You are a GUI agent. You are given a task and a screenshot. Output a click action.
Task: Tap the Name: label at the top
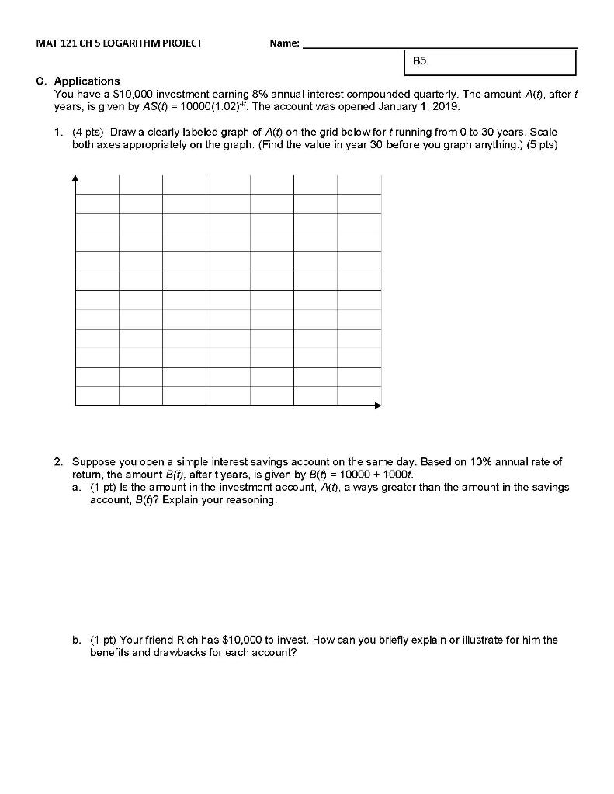(284, 43)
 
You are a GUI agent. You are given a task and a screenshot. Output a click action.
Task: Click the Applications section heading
(86, 81)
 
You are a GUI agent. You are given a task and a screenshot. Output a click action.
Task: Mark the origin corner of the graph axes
(75, 405)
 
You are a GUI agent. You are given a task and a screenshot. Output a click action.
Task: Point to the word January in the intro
(401, 106)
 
